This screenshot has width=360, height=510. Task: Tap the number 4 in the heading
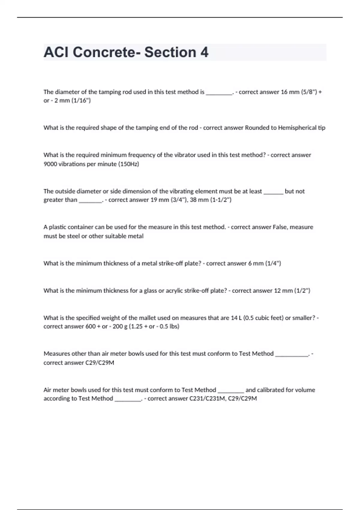click(x=204, y=52)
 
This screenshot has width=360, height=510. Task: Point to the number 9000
click(x=50, y=164)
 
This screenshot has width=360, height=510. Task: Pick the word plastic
click(x=58, y=227)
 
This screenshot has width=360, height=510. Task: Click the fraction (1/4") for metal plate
click(x=273, y=263)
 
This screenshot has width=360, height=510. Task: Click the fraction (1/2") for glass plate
click(x=302, y=291)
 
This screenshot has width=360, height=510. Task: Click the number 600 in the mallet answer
click(x=91, y=326)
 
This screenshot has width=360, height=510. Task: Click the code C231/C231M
click(x=207, y=399)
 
